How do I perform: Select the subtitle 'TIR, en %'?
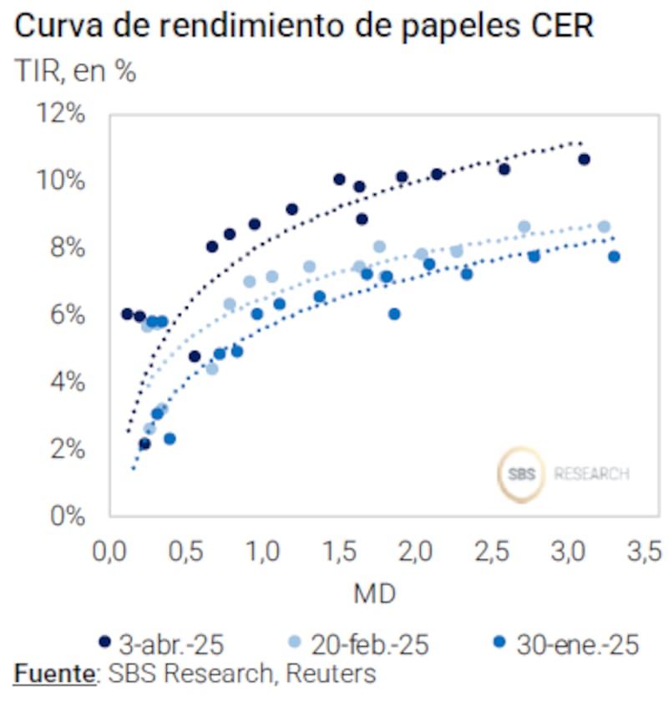75,72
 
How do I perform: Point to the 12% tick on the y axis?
61,113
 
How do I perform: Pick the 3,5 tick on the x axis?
642,552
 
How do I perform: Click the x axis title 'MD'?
374,594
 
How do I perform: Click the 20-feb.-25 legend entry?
358,644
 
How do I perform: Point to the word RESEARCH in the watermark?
591,474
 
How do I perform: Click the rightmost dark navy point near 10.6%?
584,159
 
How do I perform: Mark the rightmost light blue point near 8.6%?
604,226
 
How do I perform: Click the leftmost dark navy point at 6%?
127,314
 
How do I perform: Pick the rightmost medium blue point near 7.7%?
614,257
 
